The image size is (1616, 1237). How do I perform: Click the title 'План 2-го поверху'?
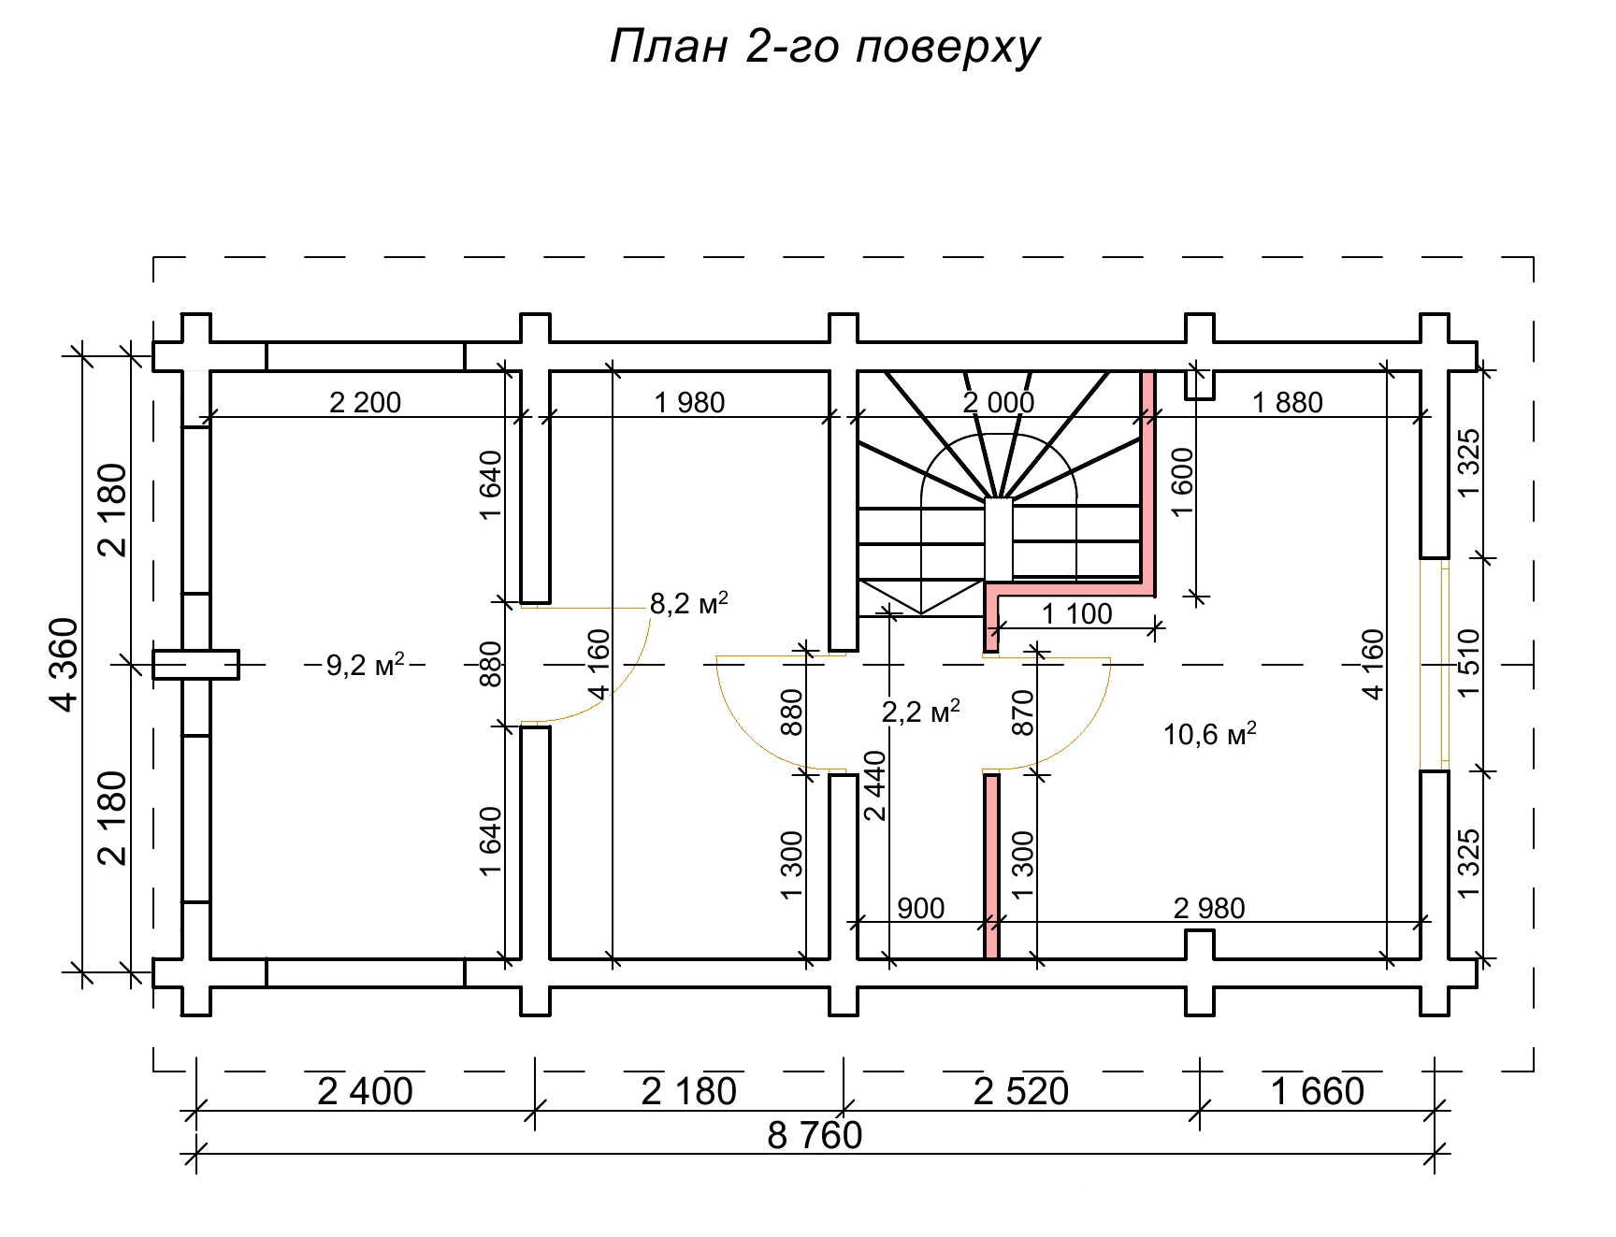click(x=825, y=47)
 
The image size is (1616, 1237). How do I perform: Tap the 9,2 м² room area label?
click(x=365, y=666)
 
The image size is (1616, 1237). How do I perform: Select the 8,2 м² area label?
click(x=688, y=603)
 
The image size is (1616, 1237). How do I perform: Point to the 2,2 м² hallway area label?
click(x=920, y=712)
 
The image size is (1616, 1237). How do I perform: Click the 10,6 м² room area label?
click(x=1208, y=733)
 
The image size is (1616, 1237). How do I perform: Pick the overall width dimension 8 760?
click(x=815, y=1136)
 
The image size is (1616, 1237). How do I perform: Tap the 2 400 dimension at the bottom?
click(x=365, y=1091)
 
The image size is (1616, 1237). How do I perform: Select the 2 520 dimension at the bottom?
click(x=1020, y=1091)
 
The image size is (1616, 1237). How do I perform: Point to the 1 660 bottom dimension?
click(x=1318, y=1091)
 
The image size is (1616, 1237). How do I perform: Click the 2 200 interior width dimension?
click(x=365, y=403)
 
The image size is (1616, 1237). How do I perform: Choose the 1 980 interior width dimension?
click(x=689, y=403)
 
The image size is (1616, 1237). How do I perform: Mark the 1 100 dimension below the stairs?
click(x=1076, y=614)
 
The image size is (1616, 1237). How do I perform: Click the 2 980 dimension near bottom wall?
click(x=1208, y=908)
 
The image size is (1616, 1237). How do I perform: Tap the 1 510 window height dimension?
click(x=1468, y=664)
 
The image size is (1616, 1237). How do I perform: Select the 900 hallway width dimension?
click(x=920, y=908)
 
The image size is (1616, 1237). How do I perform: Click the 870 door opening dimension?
click(x=1023, y=712)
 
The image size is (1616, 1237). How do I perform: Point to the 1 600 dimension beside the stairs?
click(x=1182, y=482)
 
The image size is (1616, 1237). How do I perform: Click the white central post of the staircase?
click(x=999, y=539)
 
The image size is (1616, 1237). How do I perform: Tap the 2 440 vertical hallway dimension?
click(x=875, y=785)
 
